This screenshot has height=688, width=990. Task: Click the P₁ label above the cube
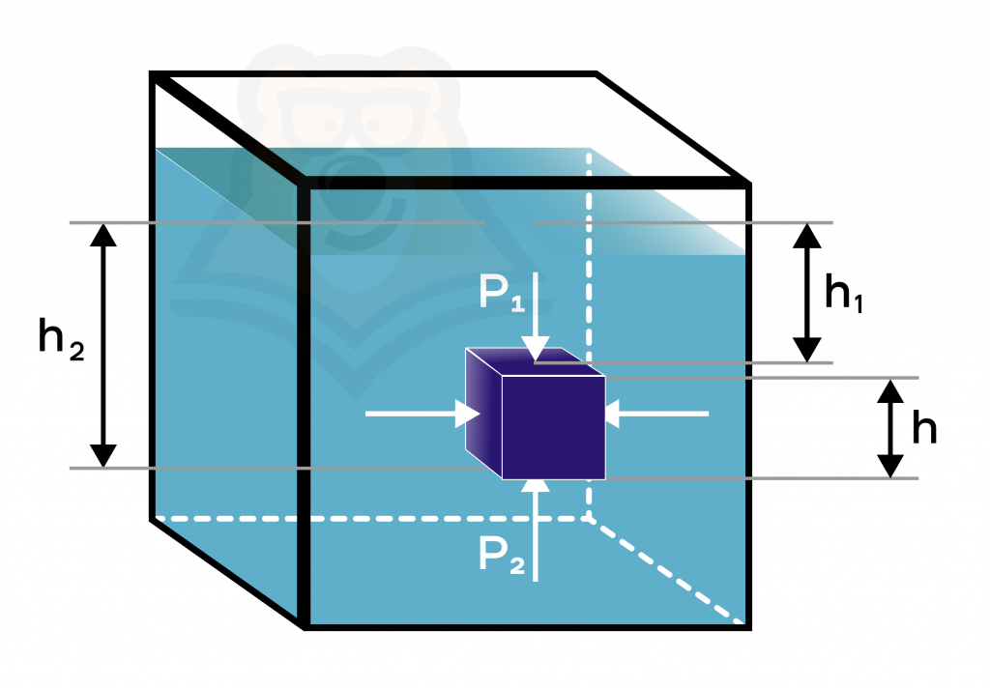coord(502,293)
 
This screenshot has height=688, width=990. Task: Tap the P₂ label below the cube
coord(502,555)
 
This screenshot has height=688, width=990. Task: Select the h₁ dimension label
coord(843,294)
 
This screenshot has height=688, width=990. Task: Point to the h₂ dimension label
coord(61,339)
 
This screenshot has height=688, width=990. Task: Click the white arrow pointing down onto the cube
coord(536,317)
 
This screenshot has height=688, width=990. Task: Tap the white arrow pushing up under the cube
coord(536,530)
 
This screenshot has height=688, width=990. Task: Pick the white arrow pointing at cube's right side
coord(656,415)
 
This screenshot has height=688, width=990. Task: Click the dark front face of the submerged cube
coord(554,427)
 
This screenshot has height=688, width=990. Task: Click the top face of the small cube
coord(536,361)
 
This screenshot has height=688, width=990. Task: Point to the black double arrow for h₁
coord(807,293)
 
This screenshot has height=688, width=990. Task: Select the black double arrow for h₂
coord(102,345)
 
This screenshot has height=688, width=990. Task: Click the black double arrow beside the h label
coord(890,428)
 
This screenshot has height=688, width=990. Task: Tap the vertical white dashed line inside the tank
coord(589,334)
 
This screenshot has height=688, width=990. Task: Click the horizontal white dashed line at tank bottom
coord(372,519)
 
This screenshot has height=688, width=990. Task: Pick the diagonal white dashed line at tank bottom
coord(666,571)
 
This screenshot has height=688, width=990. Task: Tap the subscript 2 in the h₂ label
coord(76,351)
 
